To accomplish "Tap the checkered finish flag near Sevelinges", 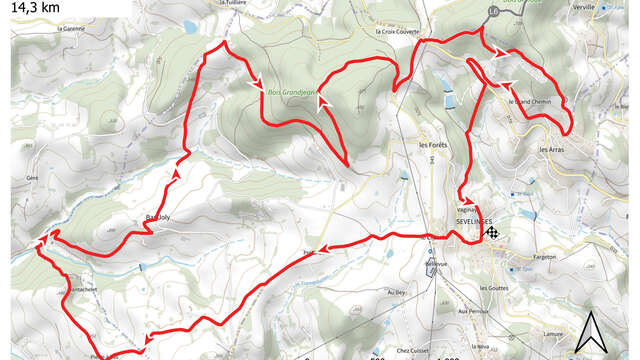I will click(x=492, y=232).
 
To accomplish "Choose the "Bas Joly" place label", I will click(x=147, y=216).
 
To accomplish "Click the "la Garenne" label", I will click(x=72, y=28).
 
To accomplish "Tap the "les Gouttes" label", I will click(x=494, y=288).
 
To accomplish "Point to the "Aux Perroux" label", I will click(x=470, y=311).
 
